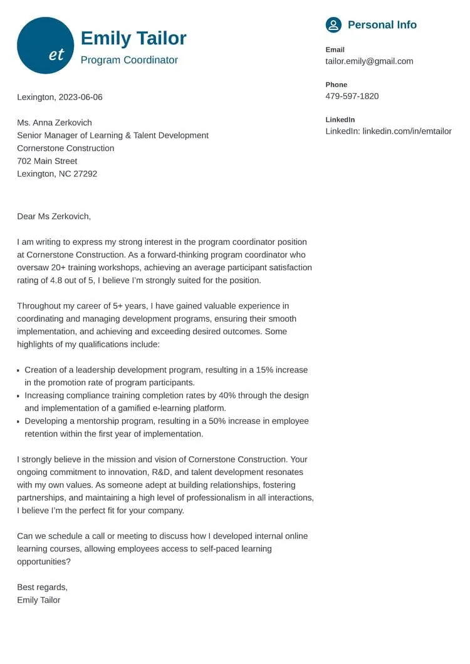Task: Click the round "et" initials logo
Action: [45, 46]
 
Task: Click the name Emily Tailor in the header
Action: [133, 38]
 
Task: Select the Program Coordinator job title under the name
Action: [129, 60]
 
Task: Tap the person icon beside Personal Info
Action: [333, 25]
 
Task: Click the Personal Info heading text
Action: [382, 25]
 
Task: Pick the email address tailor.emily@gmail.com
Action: [369, 61]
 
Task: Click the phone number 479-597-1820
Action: [352, 96]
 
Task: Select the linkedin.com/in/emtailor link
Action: [407, 131]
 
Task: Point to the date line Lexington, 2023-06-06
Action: [60, 97]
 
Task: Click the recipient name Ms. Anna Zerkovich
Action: [55, 123]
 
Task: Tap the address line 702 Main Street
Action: [47, 161]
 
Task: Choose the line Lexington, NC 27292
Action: [57, 174]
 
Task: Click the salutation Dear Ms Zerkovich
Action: [54, 217]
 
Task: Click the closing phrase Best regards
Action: [42, 587]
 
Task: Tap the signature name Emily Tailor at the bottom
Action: [39, 600]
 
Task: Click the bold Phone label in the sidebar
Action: [336, 84]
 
